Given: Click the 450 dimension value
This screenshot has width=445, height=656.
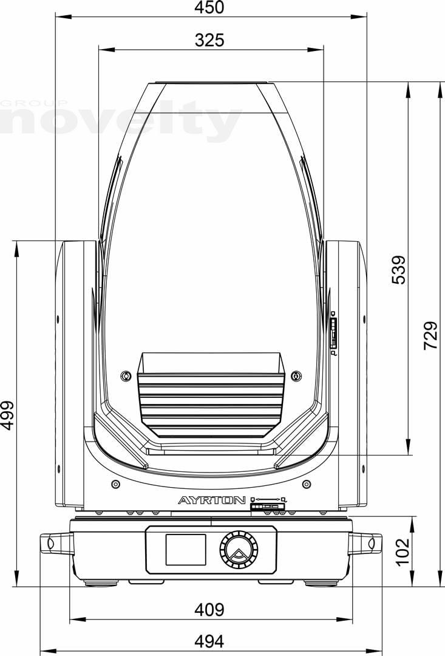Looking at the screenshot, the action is pos(209,7).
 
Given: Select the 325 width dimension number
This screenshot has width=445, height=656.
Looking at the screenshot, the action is pos(209,40).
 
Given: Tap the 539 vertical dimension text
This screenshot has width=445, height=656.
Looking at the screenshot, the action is pos(399,270).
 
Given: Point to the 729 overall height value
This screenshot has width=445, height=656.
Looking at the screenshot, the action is pos(430,335).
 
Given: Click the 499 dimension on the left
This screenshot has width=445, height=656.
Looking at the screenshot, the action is pos(7,415).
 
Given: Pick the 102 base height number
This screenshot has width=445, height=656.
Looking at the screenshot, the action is pos(403,552).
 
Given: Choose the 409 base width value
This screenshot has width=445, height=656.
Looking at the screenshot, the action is pos(209,610).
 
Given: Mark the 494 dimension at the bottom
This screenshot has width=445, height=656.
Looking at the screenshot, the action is pos(209,641).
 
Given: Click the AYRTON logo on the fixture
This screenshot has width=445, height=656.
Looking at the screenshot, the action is pos(212,500).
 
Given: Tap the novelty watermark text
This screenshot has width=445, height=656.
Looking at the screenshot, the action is pos(121,121).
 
